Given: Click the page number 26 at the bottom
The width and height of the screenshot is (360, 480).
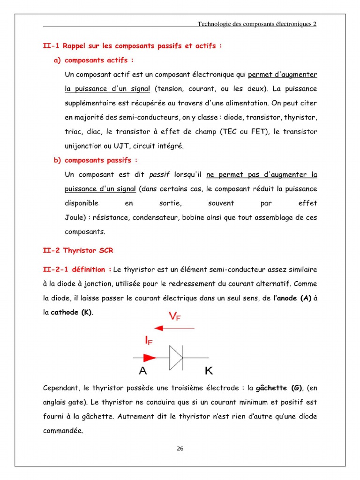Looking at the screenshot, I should point(180,449).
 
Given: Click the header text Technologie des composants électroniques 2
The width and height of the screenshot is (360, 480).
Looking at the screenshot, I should point(257,24).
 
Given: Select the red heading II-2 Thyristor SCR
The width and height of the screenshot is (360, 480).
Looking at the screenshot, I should point(78,250).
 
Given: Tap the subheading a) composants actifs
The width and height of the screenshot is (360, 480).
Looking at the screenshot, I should point(94,60).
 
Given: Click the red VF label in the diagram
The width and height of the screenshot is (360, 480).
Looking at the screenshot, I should point(174,317).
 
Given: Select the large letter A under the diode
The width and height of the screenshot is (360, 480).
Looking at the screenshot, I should point(143,371).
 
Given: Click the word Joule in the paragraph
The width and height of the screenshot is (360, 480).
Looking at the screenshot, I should point(74,217).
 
